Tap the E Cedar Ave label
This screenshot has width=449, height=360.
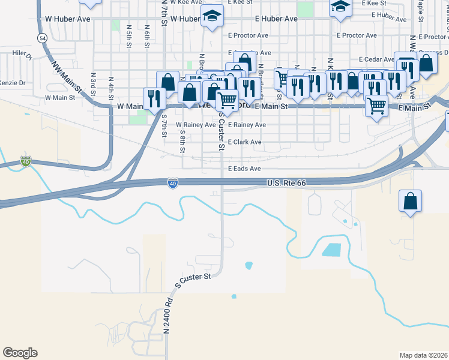(376, 59)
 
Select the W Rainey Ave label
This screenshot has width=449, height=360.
(195, 125)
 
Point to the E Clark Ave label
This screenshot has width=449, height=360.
(244, 142)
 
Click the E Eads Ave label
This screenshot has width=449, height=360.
(244, 169)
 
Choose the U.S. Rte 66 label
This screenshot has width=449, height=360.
(287, 182)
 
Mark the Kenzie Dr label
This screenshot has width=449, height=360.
(11, 83)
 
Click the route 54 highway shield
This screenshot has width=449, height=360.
(41, 38)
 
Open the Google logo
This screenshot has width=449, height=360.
(20, 353)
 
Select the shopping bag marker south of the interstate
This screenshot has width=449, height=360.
(410, 202)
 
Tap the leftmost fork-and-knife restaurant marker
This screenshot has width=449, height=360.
(154, 98)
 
